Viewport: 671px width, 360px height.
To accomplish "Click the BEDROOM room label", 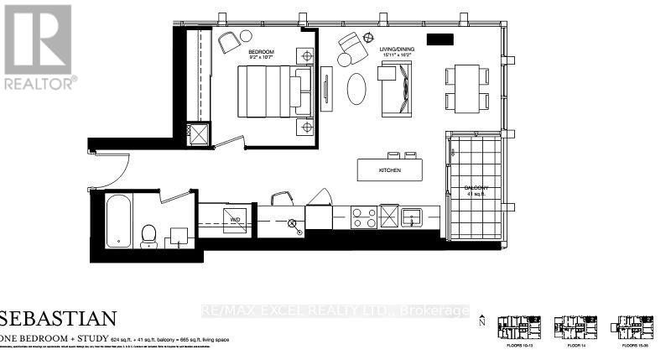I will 262,51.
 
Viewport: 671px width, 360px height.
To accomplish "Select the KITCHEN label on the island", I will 389,170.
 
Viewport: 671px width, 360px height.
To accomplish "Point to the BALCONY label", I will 476,188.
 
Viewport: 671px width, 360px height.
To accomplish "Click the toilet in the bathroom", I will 149,232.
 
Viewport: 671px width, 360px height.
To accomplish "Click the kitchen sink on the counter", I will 413,217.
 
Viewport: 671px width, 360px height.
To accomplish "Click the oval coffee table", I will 356,88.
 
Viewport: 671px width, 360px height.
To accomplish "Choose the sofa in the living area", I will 394,91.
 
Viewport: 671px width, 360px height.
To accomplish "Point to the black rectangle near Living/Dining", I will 440,39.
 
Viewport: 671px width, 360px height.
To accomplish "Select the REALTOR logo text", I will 39,82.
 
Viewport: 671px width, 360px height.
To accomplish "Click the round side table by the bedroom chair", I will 246,35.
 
